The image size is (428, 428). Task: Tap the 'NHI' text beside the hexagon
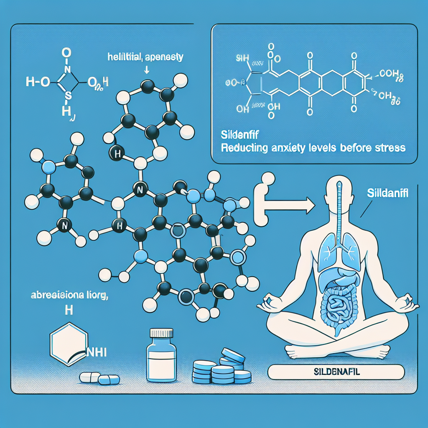click(x=96, y=352)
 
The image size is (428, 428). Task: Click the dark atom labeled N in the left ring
click(x=64, y=226)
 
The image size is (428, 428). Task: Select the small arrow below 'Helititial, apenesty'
click(x=146, y=70)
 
